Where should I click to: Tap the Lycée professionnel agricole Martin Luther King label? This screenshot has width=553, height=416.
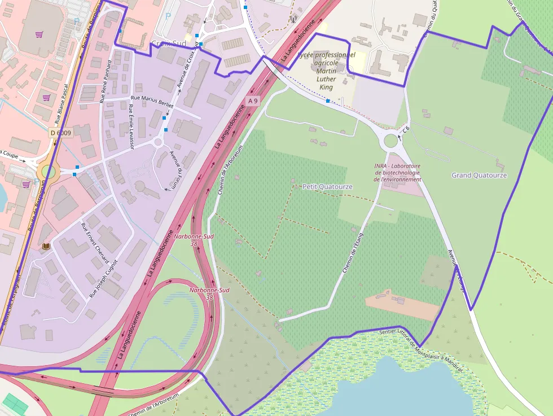click(327, 71)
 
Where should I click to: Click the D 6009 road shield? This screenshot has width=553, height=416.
click(60, 133)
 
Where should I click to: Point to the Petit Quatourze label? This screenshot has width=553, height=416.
click(327, 186)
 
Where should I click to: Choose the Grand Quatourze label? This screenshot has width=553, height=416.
click(479, 176)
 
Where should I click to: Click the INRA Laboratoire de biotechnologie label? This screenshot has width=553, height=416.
click(397, 172)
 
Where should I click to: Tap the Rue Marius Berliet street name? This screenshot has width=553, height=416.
click(152, 100)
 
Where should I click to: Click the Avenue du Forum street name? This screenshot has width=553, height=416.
click(175, 170)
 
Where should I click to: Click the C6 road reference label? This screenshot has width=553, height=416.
click(405, 130)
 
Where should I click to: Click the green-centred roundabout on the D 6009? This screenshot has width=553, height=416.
click(48, 172)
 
